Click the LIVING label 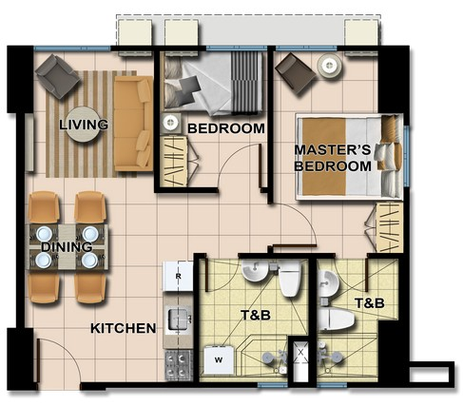(83, 125)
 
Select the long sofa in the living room (133, 125)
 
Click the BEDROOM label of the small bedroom (224, 128)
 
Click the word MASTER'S (332, 150)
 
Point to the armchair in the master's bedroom (296, 74)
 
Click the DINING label (66, 247)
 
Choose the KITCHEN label (123, 329)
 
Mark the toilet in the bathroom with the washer (290, 278)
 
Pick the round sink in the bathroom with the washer (253, 274)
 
